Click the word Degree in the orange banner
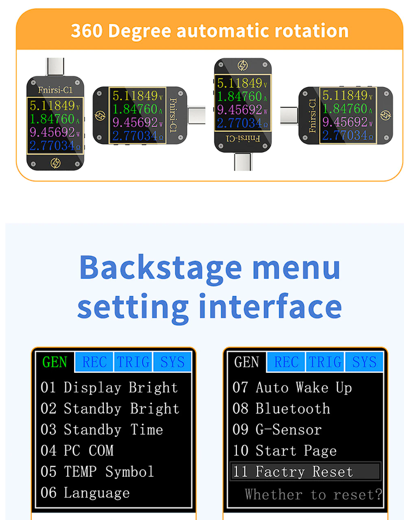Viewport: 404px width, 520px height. tap(140, 31)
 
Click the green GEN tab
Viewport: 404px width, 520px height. tap(55, 362)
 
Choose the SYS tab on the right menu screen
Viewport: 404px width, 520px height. tap(364, 362)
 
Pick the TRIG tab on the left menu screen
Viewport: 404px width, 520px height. tap(133, 362)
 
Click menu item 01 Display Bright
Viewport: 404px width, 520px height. tap(109, 387)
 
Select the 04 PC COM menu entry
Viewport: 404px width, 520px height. tap(77, 450)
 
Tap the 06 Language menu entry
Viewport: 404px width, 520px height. tap(85, 493)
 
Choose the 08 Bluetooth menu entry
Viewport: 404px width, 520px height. tap(281, 409)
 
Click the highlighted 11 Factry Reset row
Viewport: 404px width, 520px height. tap(305, 471)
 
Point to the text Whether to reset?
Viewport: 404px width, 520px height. tap(314, 494)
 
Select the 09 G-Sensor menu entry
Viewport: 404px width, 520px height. tap(277, 430)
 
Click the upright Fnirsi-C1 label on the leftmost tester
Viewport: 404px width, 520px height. tap(55, 90)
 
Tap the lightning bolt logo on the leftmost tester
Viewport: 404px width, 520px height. tap(55, 163)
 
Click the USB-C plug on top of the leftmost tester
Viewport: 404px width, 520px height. tap(55, 67)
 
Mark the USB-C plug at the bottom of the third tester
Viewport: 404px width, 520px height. tap(243, 162)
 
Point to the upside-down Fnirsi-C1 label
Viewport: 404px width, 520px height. tap(243, 138)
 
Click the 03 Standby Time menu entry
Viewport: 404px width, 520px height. tap(102, 430)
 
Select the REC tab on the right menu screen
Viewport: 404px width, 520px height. tap(286, 362)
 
